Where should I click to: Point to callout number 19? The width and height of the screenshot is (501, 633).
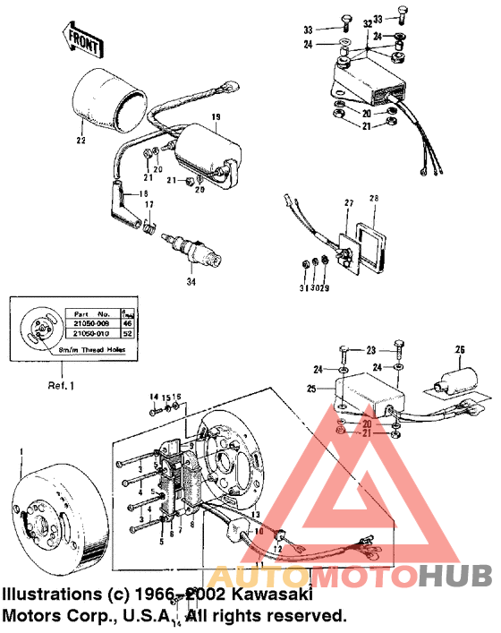pos(215,117)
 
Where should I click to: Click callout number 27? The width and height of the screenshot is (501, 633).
pos(350,204)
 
